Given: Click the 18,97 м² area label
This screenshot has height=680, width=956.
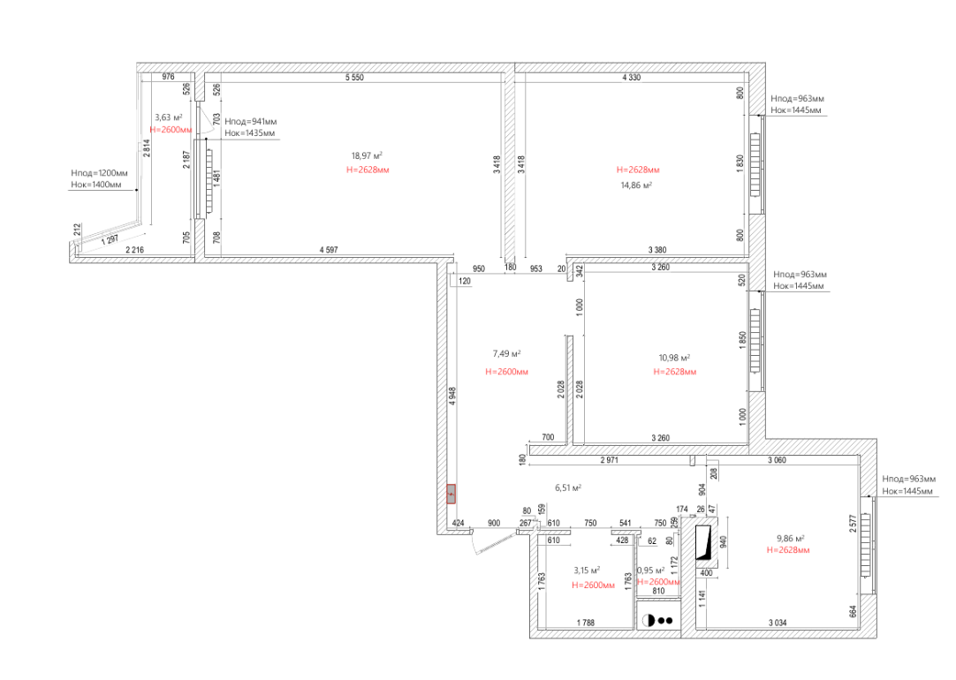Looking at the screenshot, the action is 367,156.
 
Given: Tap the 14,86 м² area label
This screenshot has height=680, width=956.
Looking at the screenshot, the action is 636,185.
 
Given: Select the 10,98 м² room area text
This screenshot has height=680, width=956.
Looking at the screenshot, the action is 674,359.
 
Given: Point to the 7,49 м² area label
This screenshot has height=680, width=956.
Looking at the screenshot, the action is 506,354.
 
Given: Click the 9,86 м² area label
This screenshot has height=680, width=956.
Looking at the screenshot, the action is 790,539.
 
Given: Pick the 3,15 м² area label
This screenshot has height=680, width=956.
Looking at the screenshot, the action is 587,570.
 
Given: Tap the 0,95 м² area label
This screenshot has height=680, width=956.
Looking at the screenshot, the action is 650,570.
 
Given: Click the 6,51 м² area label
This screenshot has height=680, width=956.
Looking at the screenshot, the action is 567,488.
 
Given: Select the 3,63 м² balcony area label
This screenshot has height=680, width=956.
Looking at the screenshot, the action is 168,117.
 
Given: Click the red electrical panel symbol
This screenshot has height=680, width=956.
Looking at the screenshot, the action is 451,494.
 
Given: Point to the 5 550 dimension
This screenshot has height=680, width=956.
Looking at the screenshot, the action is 354,78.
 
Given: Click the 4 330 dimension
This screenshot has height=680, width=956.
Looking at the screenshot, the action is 631,78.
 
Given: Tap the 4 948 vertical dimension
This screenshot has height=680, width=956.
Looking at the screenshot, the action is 452,396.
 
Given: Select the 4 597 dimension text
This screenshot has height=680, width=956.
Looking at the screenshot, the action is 328,250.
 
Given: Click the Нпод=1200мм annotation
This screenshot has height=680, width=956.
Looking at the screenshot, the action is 99,173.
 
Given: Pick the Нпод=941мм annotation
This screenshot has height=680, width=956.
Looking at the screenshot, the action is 251,122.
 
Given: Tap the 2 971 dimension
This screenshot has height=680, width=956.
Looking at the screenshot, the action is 609,460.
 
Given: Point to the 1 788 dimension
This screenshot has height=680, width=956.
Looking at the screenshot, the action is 585,623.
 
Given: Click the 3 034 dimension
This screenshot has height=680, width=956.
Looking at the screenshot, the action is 778,623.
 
